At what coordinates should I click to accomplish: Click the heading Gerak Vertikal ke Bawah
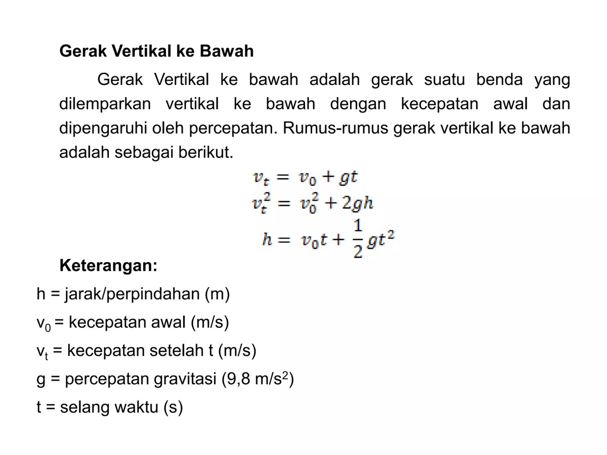click(x=157, y=51)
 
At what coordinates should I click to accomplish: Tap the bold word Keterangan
click(x=108, y=265)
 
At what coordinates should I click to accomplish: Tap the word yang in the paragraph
click(x=552, y=80)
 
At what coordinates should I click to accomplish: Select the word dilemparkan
click(x=105, y=104)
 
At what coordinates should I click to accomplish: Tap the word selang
click(x=86, y=407)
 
